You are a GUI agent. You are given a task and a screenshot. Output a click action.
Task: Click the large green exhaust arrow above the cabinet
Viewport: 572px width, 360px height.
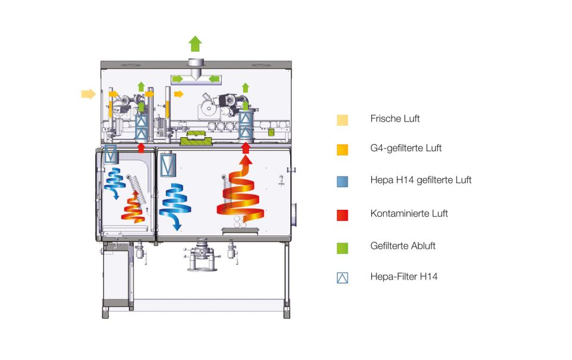point(195,44)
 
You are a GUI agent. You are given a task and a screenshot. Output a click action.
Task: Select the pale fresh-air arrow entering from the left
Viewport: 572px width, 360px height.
point(88,94)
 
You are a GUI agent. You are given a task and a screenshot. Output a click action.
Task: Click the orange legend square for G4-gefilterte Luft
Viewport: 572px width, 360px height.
point(342,148)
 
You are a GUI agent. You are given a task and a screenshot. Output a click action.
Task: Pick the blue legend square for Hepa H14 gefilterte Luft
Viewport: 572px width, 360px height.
point(342,180)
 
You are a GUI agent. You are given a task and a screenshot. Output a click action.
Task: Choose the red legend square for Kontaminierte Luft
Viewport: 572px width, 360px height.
point(342,214)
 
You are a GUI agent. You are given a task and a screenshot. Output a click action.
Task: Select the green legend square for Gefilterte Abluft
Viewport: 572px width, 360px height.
point(342,246)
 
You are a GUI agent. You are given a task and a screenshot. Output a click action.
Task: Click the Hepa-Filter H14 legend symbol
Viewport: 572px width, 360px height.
point(342,277)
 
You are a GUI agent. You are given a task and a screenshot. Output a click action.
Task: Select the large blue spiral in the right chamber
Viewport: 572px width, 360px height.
point(174,203)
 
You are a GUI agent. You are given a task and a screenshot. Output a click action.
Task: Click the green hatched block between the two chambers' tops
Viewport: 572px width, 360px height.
point(197,141)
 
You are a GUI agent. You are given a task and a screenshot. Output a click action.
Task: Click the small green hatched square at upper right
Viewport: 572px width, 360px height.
point(271,132)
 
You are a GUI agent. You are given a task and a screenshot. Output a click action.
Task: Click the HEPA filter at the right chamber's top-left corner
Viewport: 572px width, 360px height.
point(167,163)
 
